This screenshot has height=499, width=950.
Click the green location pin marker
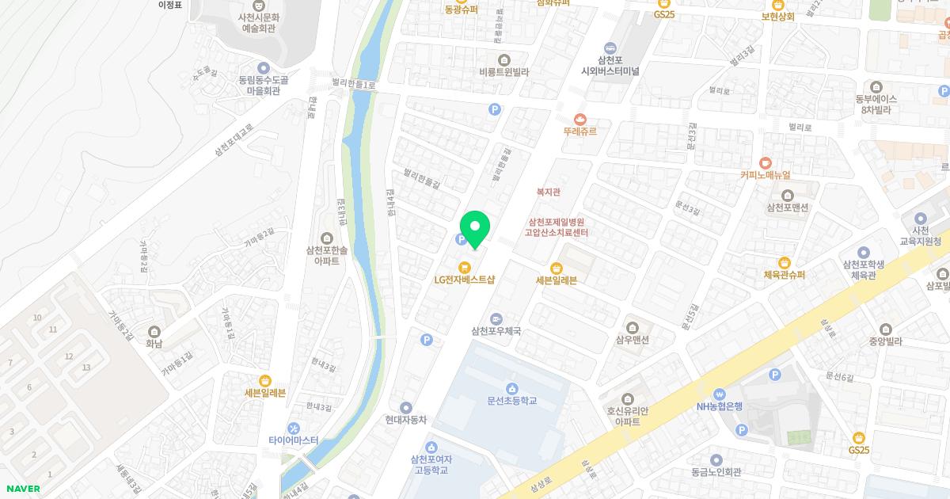click(475, 229)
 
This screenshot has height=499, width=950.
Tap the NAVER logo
click(21, 489)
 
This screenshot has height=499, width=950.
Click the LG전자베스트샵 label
click(465, 280)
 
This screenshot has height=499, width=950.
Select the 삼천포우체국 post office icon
click(496, 318)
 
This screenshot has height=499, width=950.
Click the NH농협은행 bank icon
click(719, 394)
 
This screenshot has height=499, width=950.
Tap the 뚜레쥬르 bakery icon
click(580, 119)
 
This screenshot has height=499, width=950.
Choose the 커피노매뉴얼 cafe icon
click(765, 162)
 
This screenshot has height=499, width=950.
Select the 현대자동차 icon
click(406, 407)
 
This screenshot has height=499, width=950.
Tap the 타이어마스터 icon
click(293, 428)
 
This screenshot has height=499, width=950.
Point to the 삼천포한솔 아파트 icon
click(326, 238)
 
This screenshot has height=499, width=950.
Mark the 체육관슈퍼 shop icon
click(784, 263)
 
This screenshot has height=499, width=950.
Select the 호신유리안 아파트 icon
click(628, 398)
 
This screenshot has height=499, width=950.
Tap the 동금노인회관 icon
click(716, 459)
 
